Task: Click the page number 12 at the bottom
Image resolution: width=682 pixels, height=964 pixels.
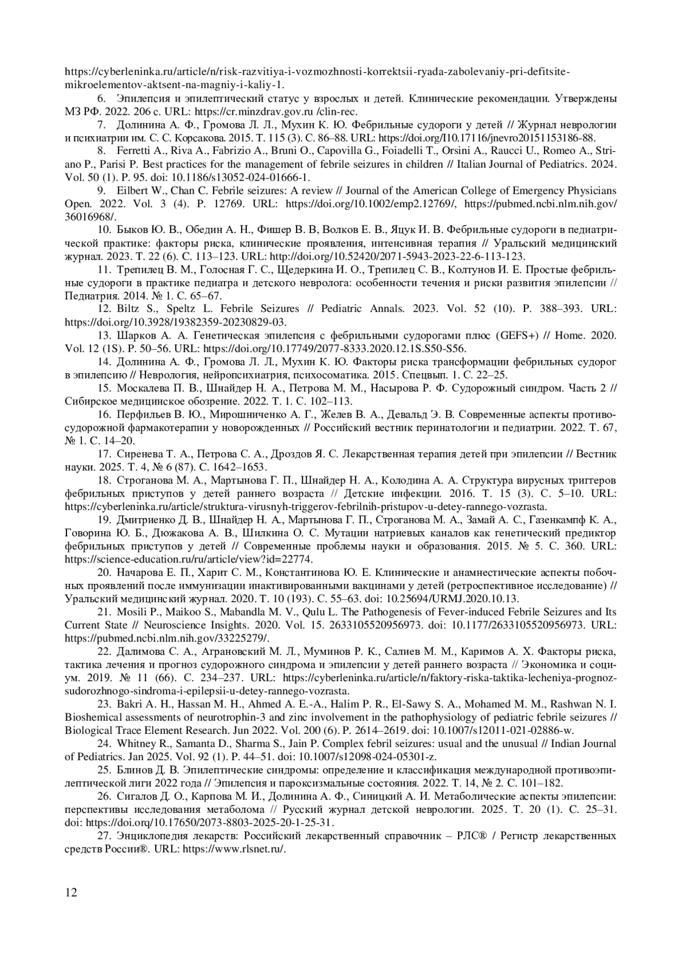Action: pyautogui.click(x=70, y=892)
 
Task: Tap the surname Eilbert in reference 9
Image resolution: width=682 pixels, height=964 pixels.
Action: pyautogui.click(x=130, y=190)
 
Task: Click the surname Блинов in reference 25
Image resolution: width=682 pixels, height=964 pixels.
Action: pyautogui.click(x=133, y=770)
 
